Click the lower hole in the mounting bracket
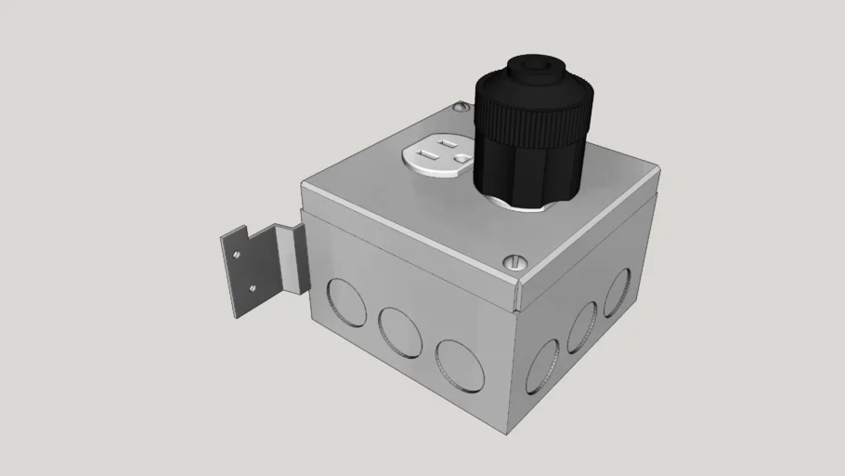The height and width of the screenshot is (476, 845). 251,289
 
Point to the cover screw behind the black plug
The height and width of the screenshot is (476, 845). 458,110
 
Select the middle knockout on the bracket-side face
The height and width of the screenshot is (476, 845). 399,330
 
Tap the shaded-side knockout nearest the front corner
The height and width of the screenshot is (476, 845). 542,365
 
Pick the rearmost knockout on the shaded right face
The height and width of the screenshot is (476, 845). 617,293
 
